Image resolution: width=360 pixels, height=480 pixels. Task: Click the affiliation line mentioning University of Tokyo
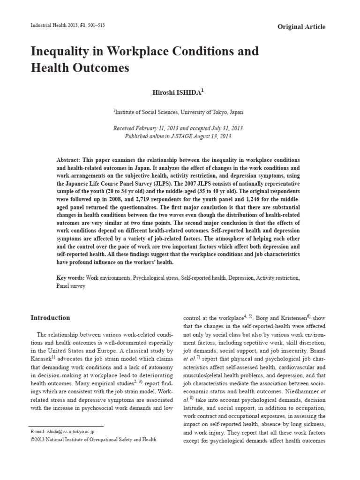[x=178, y=112]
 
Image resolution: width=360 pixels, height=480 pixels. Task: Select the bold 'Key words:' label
[x=70, y=278]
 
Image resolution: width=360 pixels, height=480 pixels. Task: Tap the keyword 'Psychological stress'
[x=156, y=278]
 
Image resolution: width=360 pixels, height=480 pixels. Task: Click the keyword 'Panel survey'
[x=71, y=285]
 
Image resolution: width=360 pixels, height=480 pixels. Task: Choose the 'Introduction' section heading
[x=50, y=318]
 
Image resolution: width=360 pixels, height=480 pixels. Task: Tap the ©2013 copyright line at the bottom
[x=93, y=439]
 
